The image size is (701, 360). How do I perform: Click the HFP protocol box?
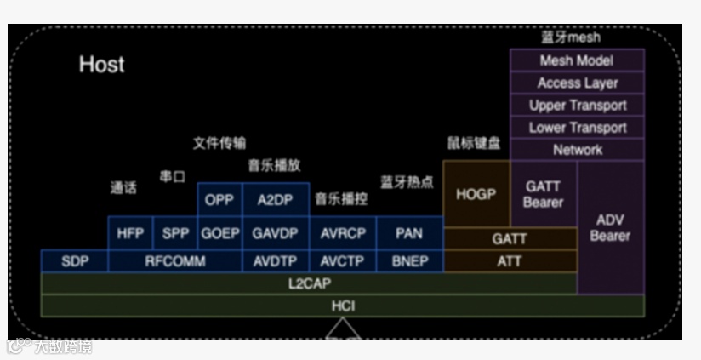(130, 232)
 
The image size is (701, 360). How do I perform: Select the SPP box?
(175, 232)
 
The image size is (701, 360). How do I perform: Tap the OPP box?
(219, 200)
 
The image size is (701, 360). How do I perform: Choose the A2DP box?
(274, 200)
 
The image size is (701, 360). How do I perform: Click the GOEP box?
(219, 232)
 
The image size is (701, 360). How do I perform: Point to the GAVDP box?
(274, 232)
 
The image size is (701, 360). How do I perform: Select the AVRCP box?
(343, 232)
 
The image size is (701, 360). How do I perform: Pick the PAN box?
(409, 232)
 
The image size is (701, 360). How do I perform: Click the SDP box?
(75, 261)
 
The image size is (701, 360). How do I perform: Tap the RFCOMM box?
(175, 261)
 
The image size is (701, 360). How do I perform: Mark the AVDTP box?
(274, 261)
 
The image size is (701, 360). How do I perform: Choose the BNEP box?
(409, 261)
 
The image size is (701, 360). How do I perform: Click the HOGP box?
(476, 194)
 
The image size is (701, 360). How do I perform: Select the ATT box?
(510, 261)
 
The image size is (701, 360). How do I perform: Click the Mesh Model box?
(577, 60)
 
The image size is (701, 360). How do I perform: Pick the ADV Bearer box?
(610, 227)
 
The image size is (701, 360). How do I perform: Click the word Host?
(101, 65)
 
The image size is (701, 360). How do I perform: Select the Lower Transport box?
(577, 128)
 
